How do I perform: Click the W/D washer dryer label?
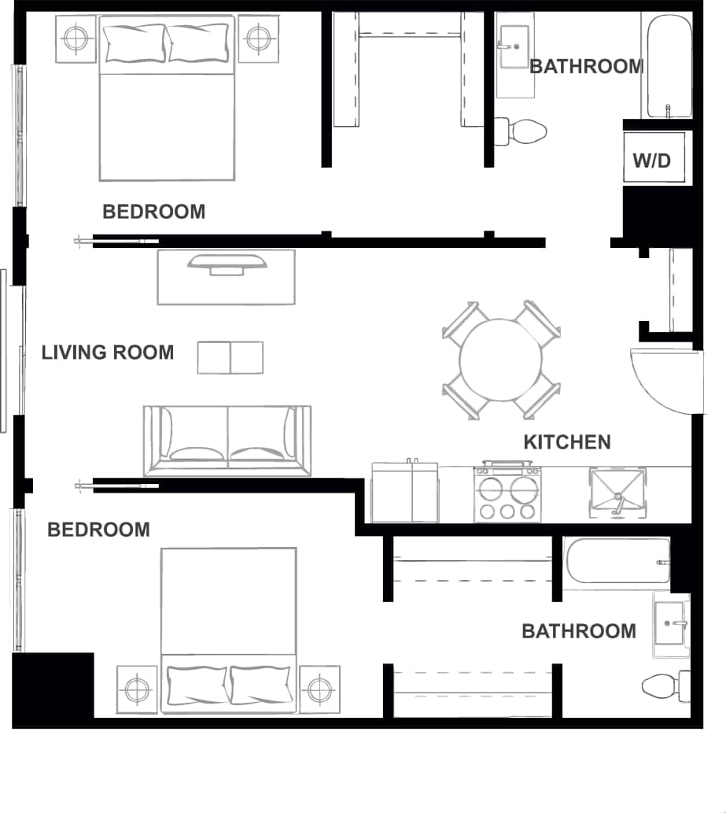pyautogui.click(x=652, y=161)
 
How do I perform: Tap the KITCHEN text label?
pyautogui.click(x=567, y=442)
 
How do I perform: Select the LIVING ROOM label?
pyautogui.click(x=108, y=352)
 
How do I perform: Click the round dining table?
pyautogui.click(x=501, y=360)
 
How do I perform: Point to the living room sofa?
pyautogui.click(x=227, y=441)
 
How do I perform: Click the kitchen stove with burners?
pyautogui.click(x=508, y=493)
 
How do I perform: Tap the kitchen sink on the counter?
pyautogui.click(x=617, y=494)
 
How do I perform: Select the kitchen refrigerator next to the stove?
pyautogui.click(x=404, y=493)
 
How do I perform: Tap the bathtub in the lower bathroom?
pyautogui.click(x=617, y=561)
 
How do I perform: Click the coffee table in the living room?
pyautogui.click(x=230, y=357)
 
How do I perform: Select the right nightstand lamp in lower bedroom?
pyautogui.click(x=319, y=689)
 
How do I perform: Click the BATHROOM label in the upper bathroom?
pyautogui.click(x=587, y=67)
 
